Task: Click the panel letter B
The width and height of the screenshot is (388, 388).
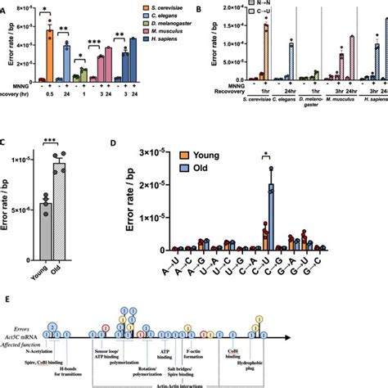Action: click(x=201, y=7)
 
